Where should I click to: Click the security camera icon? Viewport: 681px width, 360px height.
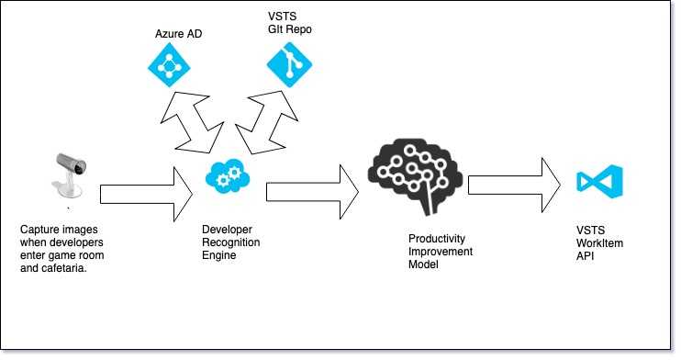point(70,174)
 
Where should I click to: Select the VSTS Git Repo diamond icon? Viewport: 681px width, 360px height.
point(289,65)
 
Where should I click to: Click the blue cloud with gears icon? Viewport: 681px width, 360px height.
point(228,175)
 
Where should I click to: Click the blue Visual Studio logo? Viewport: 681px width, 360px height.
point(600,182)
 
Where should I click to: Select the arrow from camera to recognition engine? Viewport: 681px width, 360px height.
point(146,195)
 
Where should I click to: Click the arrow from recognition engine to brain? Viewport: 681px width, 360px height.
point(313,192)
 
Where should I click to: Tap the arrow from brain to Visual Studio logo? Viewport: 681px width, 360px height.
point(514,186)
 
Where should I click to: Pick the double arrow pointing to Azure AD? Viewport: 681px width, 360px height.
point(193,122)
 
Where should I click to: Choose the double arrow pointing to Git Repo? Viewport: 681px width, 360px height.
point(267,123)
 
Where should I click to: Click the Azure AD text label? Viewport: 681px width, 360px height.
point(178,34)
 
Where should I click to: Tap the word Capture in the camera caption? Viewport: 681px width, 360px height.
point(38,230)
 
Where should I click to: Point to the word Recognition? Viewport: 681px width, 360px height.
point(231,242)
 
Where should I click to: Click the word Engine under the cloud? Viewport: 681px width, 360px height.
point(218,255)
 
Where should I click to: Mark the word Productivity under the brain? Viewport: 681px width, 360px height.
point(437,239)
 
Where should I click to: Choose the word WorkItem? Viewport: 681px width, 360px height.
point(599,243)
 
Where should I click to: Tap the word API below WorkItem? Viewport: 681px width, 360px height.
point(585,256)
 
